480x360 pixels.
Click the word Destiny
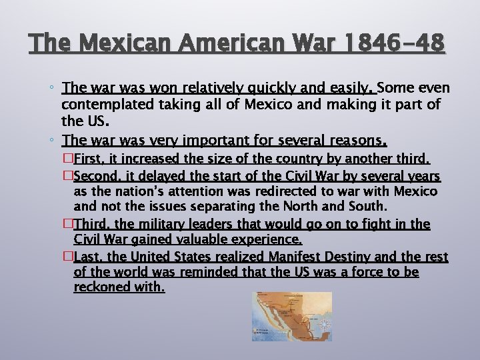(x=345, y=257)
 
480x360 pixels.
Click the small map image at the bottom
(x=292, y=316)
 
